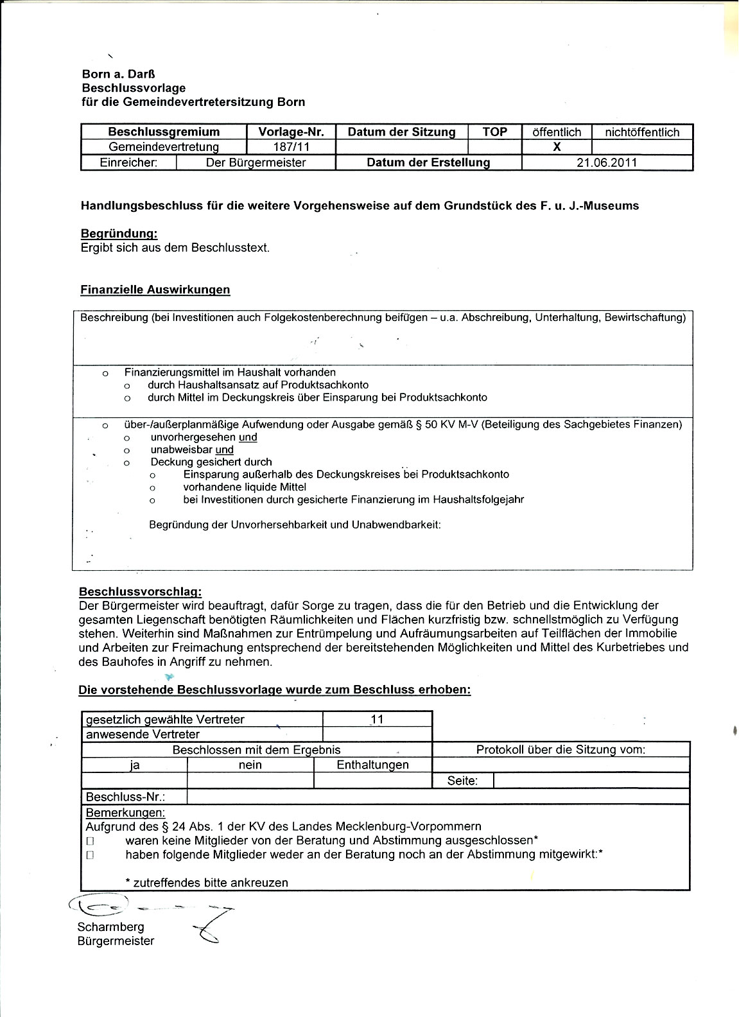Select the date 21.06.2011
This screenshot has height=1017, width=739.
pyautogui.click(x=607, y=162)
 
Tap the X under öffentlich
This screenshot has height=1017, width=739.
pyautogui.click(x=557, y=147)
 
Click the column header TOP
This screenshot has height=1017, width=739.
pyautogui.click(x=494, y=132)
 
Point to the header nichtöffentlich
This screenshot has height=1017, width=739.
pyautogui.click(x=641, y=132)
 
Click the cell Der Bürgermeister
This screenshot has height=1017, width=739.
pyautogui.click(x=256, y=162)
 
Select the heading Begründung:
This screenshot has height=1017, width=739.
pyautogui.click(x=119, y=234)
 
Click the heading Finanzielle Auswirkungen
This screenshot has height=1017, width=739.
pyautogui.click(x=155, y=290)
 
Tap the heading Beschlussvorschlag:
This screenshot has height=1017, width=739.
pyautogui.click(x=140, y=592)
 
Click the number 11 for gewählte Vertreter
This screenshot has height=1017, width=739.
pyautogui.click(x=377, y=720)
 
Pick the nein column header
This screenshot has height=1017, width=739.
pyautogui.click(x=250, y=765)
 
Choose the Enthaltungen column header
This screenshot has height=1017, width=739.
pyautogui.click(x=372, y=765)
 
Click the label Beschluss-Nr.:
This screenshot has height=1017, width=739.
pyautogui.click(x=125, y=797)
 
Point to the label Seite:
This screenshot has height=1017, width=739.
pyautogui.click(x=462, y=781)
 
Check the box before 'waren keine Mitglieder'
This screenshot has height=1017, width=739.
pyautogui.click(x=90, y=840)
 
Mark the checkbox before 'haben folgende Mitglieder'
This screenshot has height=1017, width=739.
pyautogui.click(x=90, y=855)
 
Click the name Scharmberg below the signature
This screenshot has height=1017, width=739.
pyautogui.click(x=101, y=926)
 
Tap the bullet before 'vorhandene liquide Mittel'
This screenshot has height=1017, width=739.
pyautogui.click(x=153, y=487)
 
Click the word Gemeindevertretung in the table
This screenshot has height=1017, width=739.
pyautogui.click(x=164, y=147)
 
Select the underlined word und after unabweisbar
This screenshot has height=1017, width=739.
pyautogui.click(x=224, y=450)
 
